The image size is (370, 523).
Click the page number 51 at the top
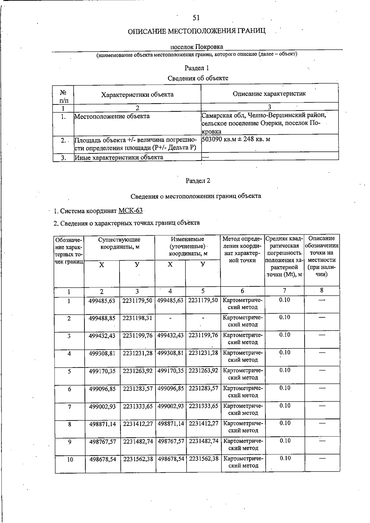tap(196, 18)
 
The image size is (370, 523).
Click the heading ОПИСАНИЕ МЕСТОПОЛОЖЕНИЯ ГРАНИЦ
tap(196, 31)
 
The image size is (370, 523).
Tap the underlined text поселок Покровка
tap(197, 47)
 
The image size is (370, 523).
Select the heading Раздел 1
tap(197, 68)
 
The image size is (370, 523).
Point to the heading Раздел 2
tap(198, 181)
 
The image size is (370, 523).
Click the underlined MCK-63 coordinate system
tap(130, 211)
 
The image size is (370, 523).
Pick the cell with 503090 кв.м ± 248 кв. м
tap(236, 139)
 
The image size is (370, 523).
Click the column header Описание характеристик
tap(269, 94)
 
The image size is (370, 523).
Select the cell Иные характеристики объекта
tap(119, 157)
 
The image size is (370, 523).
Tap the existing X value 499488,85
tap(102, 318)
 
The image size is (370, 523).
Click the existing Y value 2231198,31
tap(137, 318)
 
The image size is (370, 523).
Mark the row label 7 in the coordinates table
tap(70, 407)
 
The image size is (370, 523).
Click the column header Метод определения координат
tap(242, 249)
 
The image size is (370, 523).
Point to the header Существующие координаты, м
tap(119, 243)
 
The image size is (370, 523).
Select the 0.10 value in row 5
tap(285, 370)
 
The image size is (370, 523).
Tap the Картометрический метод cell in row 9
tap(243, 444)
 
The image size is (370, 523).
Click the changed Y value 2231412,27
tap(203, 424)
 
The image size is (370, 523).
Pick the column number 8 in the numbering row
tap(322, 290)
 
